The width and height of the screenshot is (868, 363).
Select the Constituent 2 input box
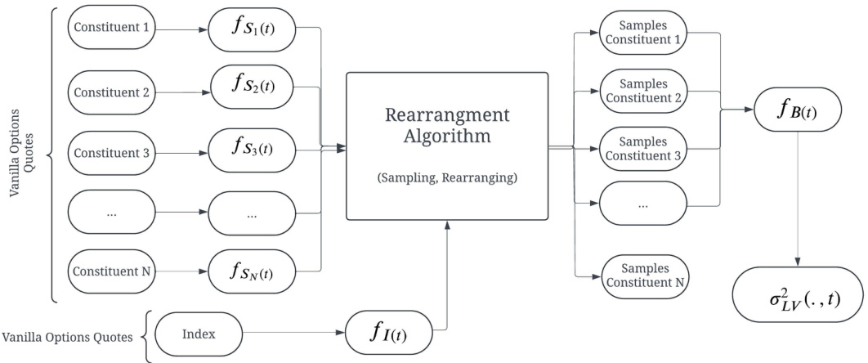tap(111, 92)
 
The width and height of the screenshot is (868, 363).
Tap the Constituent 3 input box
tap(111, 153)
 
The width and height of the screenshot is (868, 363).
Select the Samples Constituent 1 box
tap(644, 32)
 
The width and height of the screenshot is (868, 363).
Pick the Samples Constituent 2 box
tap(644, 92)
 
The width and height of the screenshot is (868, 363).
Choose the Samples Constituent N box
tap(644, 276)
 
